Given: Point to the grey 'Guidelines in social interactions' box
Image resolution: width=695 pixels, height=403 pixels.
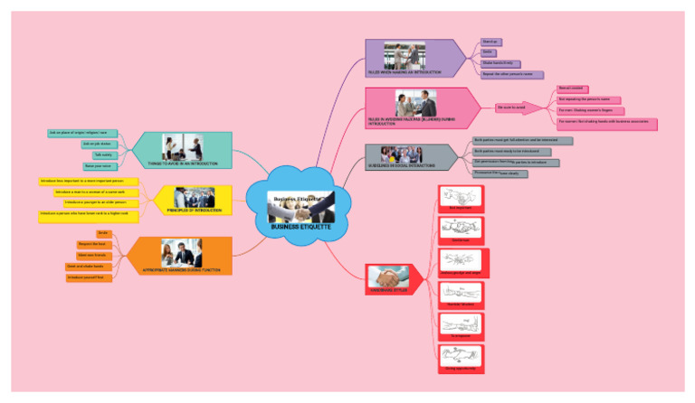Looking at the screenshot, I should click(x=411, y=156).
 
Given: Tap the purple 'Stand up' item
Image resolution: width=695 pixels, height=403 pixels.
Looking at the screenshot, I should click(x=490, y=42).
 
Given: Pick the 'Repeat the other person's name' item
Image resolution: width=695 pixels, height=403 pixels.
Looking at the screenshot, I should click(x=511, y=74).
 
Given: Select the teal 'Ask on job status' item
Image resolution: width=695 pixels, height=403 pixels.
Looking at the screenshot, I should click(x=97, y=144).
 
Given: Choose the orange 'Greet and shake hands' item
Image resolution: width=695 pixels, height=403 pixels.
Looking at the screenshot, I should click(x=87, y=267).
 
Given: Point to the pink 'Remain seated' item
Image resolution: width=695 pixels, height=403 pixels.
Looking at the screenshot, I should click(x=572, y=89).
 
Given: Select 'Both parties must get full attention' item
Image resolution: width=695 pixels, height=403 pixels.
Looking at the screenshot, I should click(x=522, y=141).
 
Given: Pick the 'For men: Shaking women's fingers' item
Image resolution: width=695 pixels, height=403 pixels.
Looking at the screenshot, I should click(x=591, y=110).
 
